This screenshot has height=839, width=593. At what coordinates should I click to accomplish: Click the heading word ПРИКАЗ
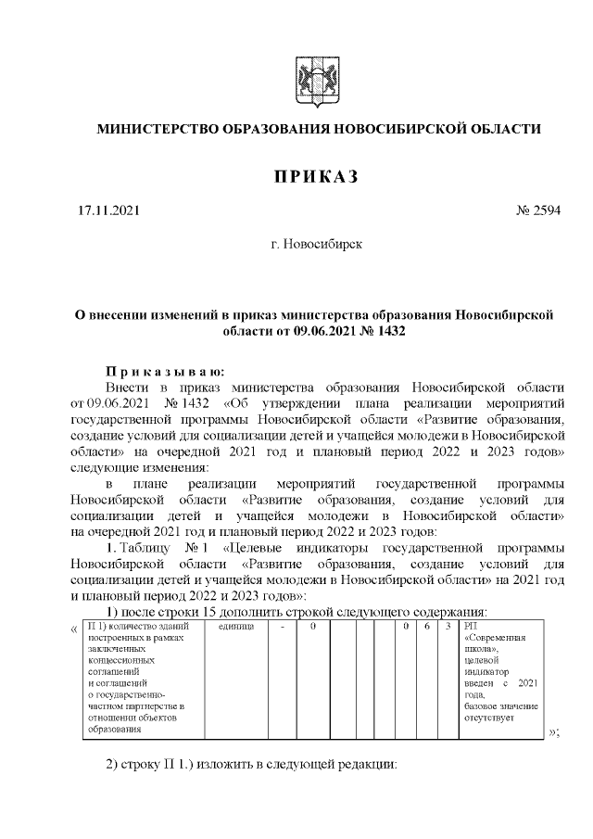pos(314,176)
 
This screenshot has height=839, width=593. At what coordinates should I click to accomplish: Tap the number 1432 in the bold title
pos(391,329)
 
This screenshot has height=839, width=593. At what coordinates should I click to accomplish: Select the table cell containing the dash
pos(282,628)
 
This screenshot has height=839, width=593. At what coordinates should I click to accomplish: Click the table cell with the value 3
pos(448,628)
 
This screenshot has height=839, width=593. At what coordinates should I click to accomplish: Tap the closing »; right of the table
pos(554,732)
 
